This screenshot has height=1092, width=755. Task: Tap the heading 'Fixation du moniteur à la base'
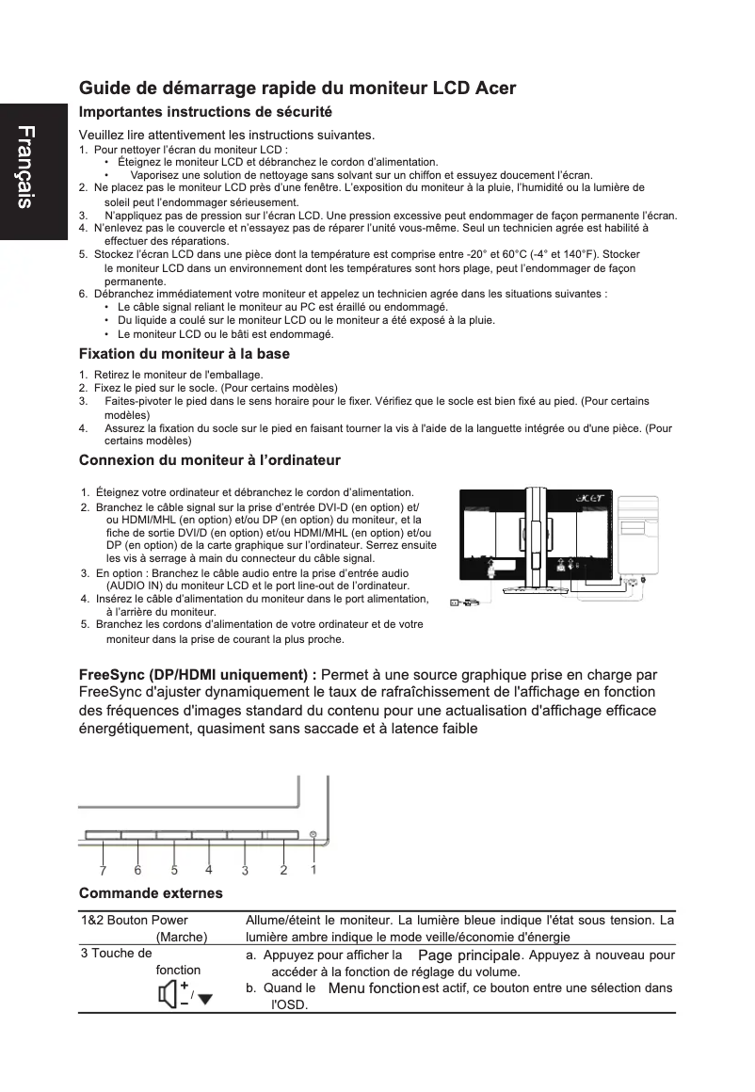pyautogui.click(x=184, y=354)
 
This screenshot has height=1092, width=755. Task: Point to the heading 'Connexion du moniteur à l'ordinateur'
pyautogui.click(x=209, y=460)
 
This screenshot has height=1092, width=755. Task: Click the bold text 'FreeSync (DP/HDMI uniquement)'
pyautogui.click(x=196, y=675)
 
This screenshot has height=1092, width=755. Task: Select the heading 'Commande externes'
pyautogui.click(x=151, y=892)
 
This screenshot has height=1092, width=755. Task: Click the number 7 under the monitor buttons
pyautogui.click(x=102, y=870)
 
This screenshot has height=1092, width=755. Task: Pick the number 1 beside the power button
pyautogui.click(x=313, y=869)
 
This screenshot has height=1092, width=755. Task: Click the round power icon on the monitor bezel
pyautogui.click(x=312, y=834)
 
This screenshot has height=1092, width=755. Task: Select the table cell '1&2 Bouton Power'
pyautogui.click(x=135, y=920)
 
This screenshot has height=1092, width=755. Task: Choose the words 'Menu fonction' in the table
pyautogui.click(x=374, y=988)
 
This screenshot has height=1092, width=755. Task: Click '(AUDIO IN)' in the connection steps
pyautogui.click(x=137, y=585)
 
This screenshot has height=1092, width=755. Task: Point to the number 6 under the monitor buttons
pyautogui.click(x=137, y=870)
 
